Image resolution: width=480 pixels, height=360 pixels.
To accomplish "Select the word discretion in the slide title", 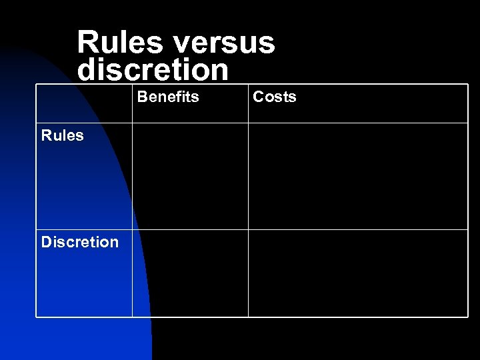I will click(x=153, y=69).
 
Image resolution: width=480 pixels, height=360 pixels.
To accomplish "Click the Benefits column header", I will click(x=168, y=97).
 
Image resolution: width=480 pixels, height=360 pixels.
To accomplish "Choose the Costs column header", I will click(x=275, y=97).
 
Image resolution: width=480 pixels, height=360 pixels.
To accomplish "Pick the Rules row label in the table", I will click(x=63, y=136).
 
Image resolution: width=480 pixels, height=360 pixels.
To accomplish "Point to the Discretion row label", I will click(x=80, y=242).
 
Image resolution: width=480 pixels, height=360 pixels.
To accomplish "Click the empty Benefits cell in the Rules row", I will click(x=190, y=177).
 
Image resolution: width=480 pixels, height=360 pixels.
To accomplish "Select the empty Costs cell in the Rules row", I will click(x=358, y=177).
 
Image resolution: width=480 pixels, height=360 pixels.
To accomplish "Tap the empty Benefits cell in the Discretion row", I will click(x=190, y=273).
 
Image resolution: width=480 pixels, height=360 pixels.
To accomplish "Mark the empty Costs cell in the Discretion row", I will click(x=358, y=273).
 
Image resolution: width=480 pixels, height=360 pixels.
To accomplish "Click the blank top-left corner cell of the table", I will click(x=84, y=104).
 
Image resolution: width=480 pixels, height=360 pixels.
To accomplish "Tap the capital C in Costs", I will click(x=258, y=97).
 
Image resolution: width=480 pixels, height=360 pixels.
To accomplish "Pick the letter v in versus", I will click(x=181, y=45).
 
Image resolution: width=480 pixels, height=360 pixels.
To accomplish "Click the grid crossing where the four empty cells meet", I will click(x=248, y=230).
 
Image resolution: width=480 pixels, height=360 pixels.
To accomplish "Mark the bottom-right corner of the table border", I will click(x=468, y=317).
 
